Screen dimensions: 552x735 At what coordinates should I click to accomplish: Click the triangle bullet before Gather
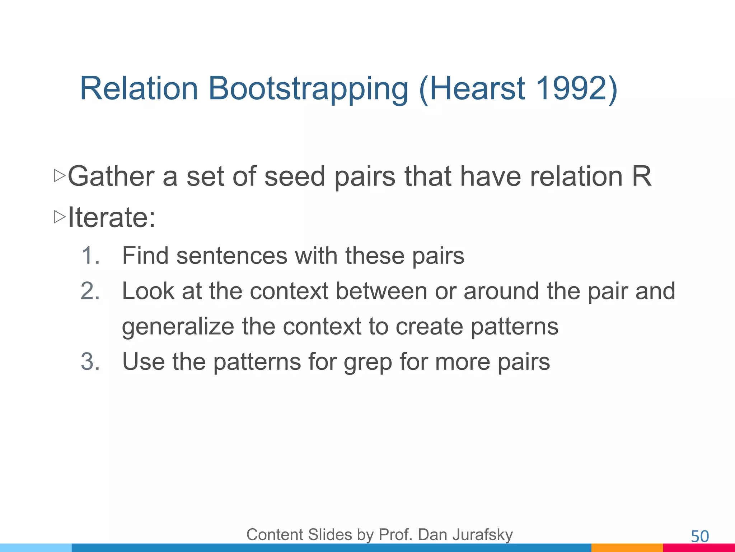[59, 176]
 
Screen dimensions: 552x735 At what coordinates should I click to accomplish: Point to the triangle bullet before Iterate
[59, 217]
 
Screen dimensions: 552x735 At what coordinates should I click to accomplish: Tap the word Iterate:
[112, 217]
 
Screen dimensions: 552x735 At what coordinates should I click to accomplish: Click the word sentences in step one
[231, 256]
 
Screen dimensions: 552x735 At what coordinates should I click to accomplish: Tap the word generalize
[178, 326]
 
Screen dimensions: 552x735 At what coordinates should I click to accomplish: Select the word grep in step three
[367, 362]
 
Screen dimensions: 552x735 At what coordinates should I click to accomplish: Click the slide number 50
[699, 537]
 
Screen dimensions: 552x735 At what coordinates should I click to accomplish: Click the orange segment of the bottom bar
[627, 548]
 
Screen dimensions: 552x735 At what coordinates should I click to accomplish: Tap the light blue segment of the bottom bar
[36, 548]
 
